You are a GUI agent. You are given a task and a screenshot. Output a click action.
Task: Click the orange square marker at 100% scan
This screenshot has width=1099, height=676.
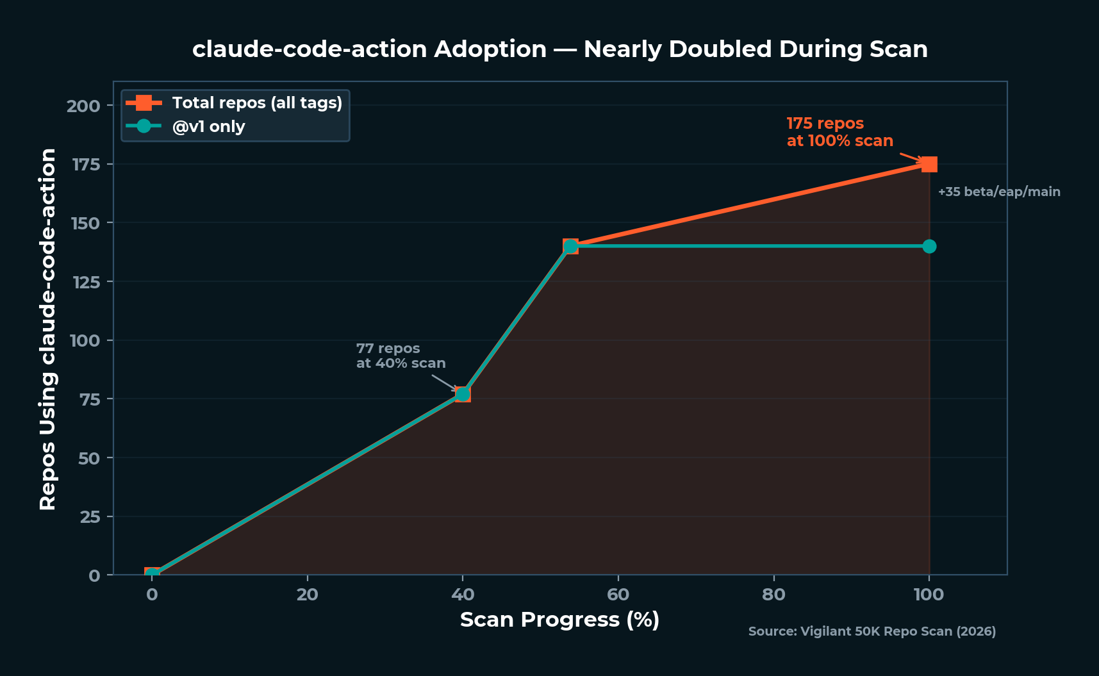click(x=929, y=165)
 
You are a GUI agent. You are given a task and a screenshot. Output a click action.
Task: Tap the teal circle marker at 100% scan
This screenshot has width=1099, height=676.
click(x=929, y=247)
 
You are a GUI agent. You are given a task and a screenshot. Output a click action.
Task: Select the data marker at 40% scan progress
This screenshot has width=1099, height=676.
click(x=463, y=394)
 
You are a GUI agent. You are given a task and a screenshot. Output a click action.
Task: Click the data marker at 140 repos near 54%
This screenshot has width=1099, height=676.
click(x=570, y=247)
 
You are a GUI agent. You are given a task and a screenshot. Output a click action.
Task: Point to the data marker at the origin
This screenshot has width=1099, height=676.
click(x=152, y=574)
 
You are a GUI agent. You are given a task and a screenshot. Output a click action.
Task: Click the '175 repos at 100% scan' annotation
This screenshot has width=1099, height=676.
click(x=839, y=132)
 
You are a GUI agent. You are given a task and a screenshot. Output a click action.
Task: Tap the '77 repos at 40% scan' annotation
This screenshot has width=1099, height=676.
click(x=401, y=356)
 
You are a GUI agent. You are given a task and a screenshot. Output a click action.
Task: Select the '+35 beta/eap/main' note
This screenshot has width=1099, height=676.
click(x=998, y=192)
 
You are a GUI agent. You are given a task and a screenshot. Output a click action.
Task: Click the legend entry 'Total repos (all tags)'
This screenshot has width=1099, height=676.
click(x=256, y=103)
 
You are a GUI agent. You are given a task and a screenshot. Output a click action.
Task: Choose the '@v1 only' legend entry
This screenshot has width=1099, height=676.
click(x=208, y=126)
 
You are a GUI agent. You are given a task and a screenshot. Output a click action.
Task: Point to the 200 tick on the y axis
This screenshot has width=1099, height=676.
click(x=84, y=106)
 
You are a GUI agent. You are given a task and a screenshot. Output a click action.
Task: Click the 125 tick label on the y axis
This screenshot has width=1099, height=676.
click(x=86, y=282)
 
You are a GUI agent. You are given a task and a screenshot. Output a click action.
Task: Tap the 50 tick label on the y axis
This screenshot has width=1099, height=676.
click(x=90, y=458)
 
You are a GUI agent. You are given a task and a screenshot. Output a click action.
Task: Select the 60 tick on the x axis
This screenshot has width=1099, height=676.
click(x=618, y=595)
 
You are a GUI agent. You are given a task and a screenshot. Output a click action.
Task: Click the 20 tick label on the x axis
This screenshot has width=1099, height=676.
click(x=307, y=595)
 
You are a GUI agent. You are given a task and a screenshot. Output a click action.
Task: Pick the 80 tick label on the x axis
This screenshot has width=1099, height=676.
click(x=773, y=595)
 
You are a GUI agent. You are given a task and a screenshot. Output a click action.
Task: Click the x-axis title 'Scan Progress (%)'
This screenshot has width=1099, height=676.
click(x=559, y=620)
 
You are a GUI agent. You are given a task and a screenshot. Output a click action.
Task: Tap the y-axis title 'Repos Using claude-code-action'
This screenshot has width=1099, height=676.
click(x=48, y=329)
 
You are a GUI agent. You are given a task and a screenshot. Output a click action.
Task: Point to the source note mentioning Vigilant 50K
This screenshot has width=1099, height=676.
click(x=872, y=631)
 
